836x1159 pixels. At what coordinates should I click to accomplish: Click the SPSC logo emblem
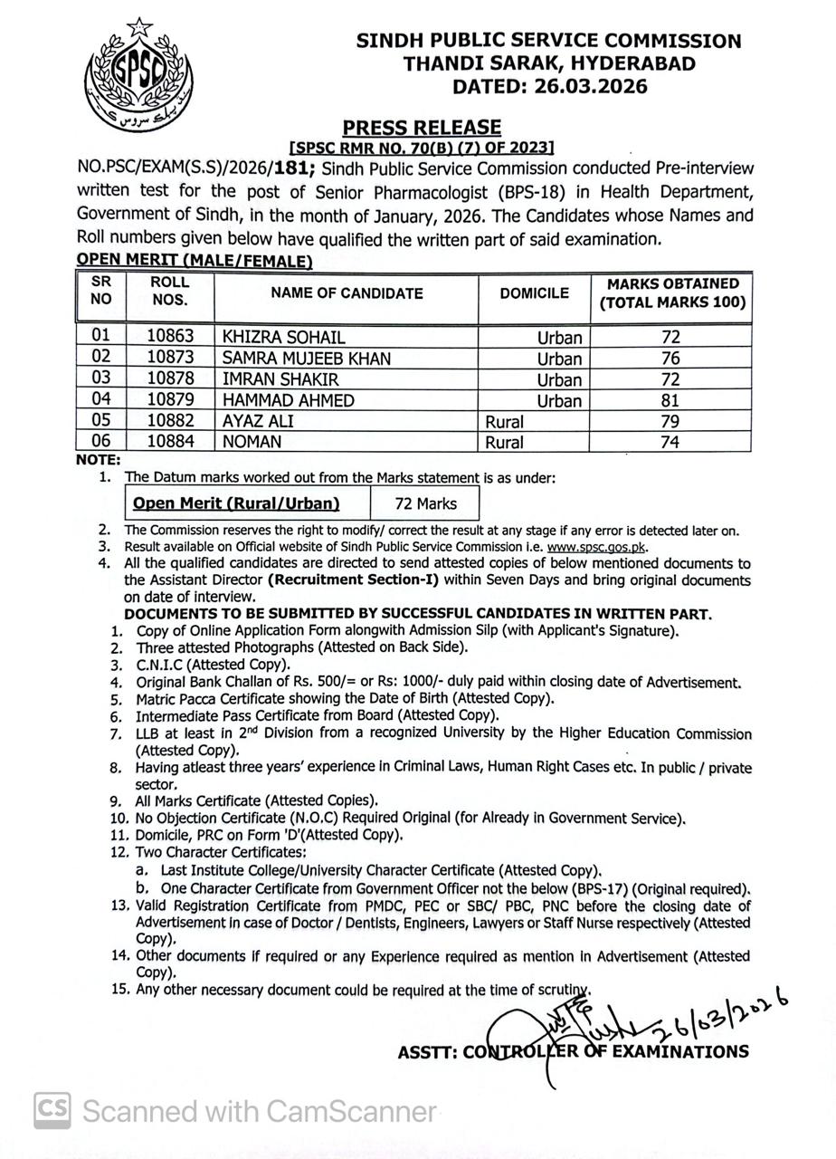pyautogui.click(x=138, y=75)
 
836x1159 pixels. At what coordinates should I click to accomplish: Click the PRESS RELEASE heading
pyautogui.click(x=421, y=128)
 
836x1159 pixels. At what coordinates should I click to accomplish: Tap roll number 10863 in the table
pyautogui.click(x=170, y=337)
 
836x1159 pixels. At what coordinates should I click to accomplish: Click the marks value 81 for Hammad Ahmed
pyautogui.click(x=670, y=400)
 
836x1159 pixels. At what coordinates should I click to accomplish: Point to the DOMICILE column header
pyautogui.click(x=534, y=293)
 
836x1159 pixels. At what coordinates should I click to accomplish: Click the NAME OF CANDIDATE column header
pyautogui.click(x=347, y=293)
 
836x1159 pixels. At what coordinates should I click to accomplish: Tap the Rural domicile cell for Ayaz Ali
pyautogui.click(x=504, y=422)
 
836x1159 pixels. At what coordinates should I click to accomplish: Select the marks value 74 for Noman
pyautogui.click(x=670, y=443)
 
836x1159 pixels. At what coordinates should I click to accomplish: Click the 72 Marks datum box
pyautogui.click(x=425, y=503)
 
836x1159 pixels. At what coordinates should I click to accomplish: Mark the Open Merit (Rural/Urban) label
pyautogui.click(x=236, y=503)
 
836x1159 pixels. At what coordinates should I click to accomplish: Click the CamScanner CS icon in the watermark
pyautogui.click(x=52, y=1110)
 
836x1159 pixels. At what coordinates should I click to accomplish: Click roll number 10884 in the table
pyautogui.click(x=170, y=443)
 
